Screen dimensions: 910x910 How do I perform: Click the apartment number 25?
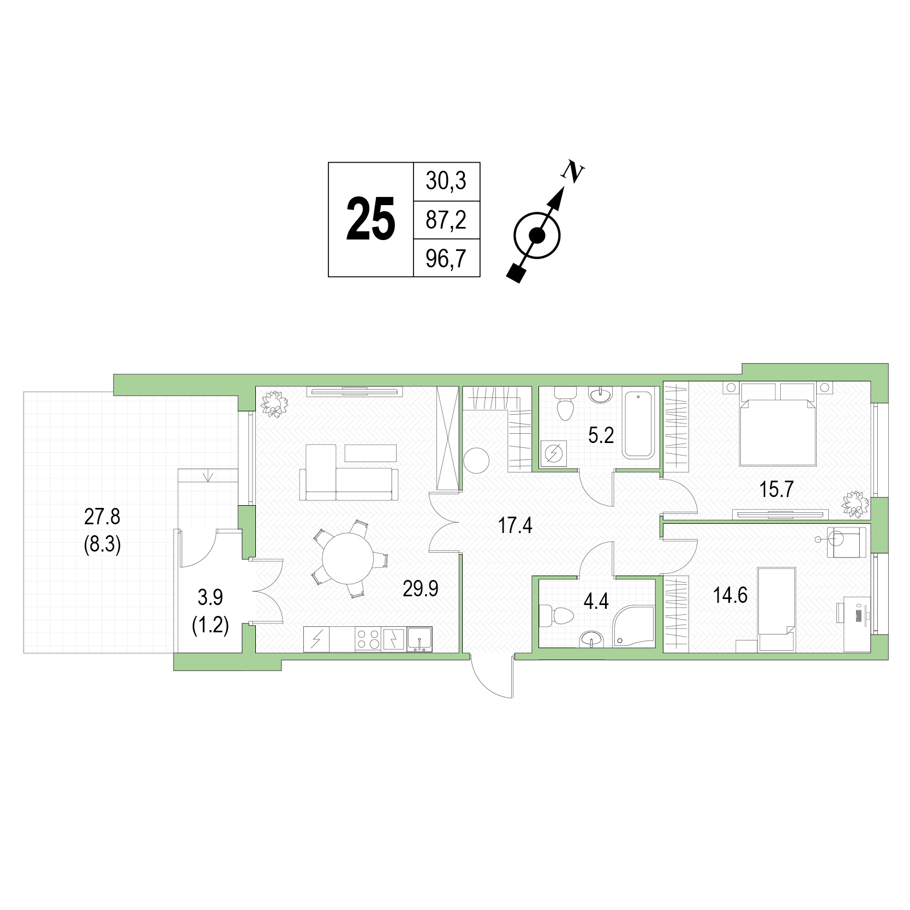pyautogui.click(x=371, y=219)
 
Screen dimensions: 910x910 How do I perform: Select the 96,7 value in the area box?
pyautogui.click(x=446, y=259)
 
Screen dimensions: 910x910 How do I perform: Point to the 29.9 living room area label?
pyautogui.click(x=421, y=589)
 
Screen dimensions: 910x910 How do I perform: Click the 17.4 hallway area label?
pyautogui.click(x=515, y=526)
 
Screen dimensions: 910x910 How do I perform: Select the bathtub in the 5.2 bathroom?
pyautogui.click(x=639, y=423)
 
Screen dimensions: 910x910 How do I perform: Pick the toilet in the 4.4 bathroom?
pyautogui.click(x=556, y=615)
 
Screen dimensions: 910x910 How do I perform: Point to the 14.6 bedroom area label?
pyautogui.click(x=730, y=595)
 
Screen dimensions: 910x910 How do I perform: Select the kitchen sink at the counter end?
pyautogui.click(x=419, y=639)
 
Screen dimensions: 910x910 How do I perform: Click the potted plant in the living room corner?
pyautogui.click(x=274, y=404)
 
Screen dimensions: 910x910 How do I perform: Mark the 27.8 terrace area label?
pyautogui.click(x=102, y=516)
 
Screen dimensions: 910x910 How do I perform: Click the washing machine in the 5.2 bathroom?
pyautogui.click(x=554, y=453)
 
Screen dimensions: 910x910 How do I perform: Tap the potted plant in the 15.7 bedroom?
pyautogui.click(x=855, y=504)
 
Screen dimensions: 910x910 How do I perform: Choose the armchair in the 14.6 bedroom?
pyautogui.click(x=846, y=542)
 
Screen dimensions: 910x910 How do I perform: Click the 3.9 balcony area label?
pyautogui.click(x=210, y=597)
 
